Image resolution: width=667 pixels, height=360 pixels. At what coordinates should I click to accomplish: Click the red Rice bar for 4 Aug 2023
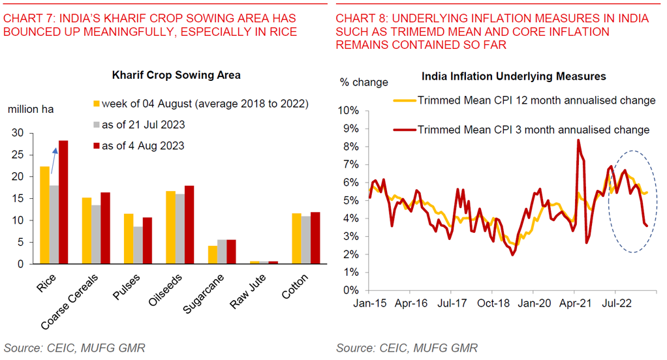[x=63, y=202]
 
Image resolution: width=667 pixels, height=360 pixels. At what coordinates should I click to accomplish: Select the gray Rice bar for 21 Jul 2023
[x=55, y=224]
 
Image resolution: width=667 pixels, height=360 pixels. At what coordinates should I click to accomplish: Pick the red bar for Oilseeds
[x=189, y=225]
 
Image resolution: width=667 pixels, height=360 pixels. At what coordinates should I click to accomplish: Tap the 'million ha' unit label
[x=31, y=109]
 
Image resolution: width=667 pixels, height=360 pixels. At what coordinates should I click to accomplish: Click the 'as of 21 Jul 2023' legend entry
[x=142, y=125]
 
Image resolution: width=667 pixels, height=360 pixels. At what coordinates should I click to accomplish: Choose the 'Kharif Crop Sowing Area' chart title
[x=176, y=75]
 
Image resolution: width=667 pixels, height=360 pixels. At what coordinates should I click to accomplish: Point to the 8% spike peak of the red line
[x=578, y=140]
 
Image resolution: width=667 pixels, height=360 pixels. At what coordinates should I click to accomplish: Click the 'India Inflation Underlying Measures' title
[x=514, y=76]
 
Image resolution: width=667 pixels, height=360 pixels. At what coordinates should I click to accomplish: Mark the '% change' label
[x=364, y=82]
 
